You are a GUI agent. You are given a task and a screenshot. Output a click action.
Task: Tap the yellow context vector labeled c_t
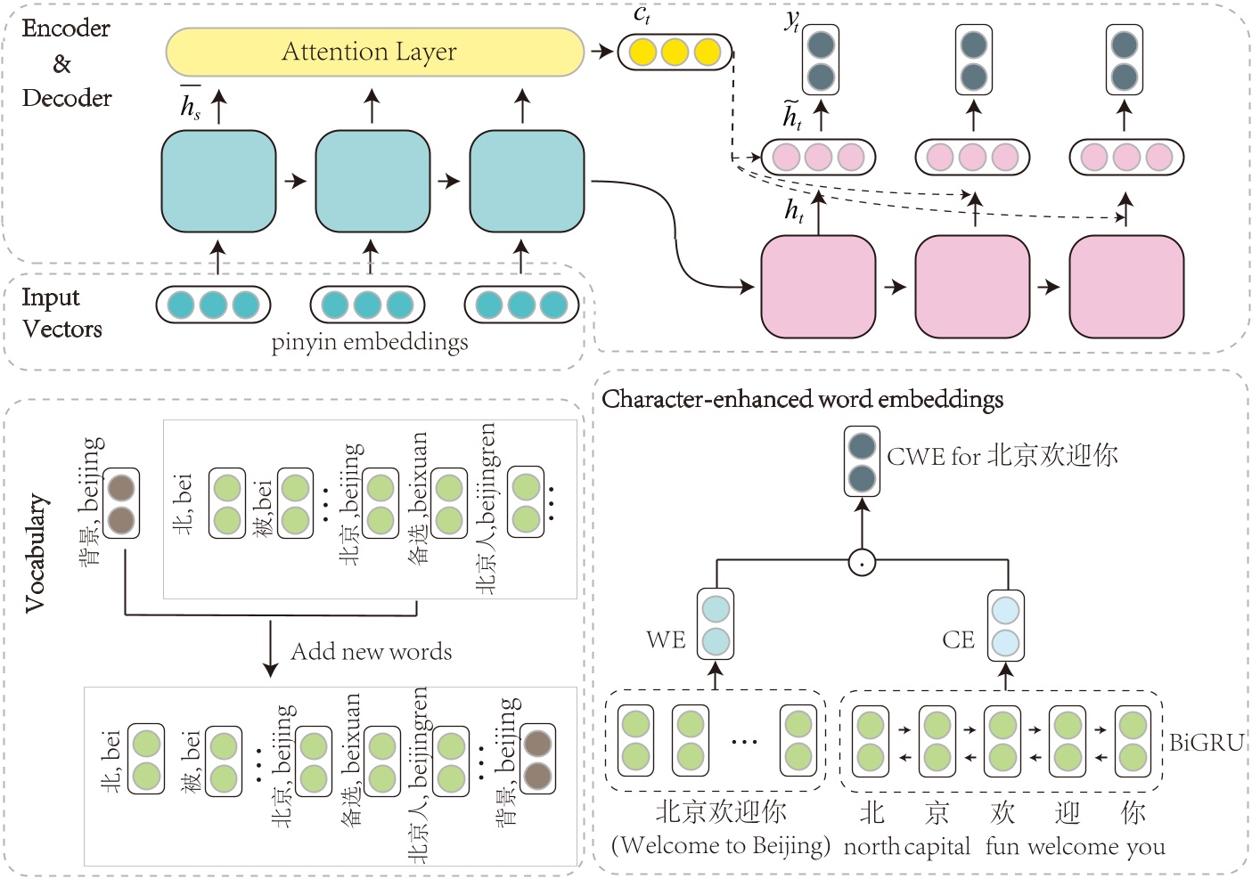click(x=675, y=52)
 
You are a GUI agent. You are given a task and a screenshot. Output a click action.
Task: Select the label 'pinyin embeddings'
click(x=369, y=342)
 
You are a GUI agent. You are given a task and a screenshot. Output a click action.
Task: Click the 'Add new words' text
click(x=371, y=652)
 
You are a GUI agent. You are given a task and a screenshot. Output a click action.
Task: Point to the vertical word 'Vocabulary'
click(x=36, y=552)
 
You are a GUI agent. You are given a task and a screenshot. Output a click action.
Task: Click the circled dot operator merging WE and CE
click(x=861, y=562)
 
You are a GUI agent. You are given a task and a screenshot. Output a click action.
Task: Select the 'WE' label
click(x=666, y=639)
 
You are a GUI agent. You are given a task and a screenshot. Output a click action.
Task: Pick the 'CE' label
click(x=958, y=639)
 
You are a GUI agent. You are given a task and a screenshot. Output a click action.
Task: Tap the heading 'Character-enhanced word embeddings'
click(x=802, y=399)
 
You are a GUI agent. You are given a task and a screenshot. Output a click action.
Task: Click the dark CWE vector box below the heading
click(x=861, y=461)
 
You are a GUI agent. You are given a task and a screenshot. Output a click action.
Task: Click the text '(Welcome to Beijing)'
click(x=720, y=844)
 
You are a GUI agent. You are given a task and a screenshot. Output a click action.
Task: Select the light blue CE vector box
click(x=1005, y=625)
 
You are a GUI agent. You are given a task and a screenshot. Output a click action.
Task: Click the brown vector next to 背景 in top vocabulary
click(x=121, y=503)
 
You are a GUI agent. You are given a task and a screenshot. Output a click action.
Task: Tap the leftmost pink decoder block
click(x=817, y=286)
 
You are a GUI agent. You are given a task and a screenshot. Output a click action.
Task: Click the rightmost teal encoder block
click(x=526, y=182)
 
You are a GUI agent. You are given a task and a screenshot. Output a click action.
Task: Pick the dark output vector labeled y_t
click(x=820, y=60)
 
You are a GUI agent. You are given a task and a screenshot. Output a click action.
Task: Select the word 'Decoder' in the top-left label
click(x=67, y=98)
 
